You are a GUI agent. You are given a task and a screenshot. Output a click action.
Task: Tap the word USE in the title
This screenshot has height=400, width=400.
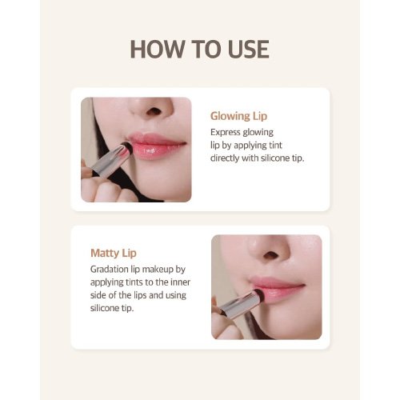pos(249,49)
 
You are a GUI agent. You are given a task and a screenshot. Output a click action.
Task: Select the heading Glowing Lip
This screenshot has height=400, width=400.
pos(238,116)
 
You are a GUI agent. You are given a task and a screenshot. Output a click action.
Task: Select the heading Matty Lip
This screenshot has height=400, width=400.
pos(114,253)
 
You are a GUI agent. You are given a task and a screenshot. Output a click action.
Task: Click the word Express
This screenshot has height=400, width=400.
pos(226,133)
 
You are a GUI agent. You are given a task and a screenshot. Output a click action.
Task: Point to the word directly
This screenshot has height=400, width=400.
pos(225,158)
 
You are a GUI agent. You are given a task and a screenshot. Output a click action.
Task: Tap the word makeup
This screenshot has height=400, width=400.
pos(158,270)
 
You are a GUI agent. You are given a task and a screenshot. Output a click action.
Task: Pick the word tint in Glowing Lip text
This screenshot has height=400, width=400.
pos(275,145)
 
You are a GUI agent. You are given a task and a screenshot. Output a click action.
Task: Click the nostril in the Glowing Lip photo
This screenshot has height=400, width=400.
pos(154,111)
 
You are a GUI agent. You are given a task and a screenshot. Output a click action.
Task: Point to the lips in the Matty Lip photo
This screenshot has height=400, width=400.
pos(278,290)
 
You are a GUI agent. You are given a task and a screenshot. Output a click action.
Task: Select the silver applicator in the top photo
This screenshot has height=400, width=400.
pos(110,161)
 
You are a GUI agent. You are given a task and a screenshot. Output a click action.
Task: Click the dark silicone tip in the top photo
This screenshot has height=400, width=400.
pos(127,148)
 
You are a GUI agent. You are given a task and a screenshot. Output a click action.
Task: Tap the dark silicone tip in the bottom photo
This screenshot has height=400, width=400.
pos(259,295)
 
